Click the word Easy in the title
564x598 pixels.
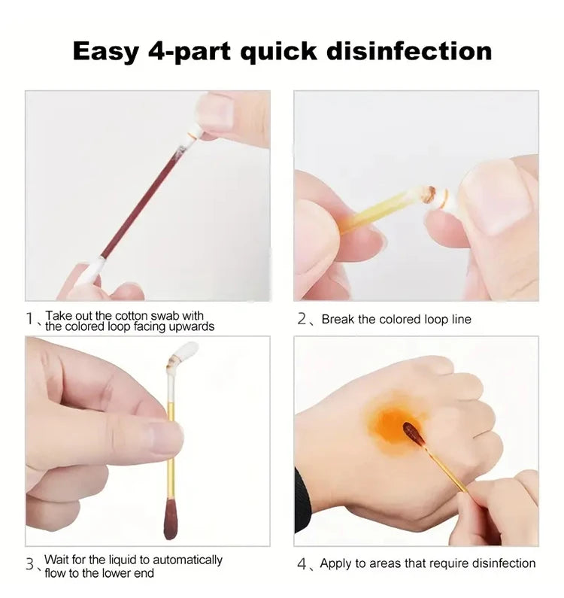105,52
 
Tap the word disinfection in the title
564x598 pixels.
409,50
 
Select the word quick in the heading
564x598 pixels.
278,52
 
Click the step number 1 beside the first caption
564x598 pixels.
29,318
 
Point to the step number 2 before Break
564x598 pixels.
302,319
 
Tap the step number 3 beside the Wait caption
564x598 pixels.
30,563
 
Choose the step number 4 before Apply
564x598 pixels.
302,563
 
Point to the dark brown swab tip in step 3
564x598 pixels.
171,521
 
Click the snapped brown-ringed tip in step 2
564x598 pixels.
430,195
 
